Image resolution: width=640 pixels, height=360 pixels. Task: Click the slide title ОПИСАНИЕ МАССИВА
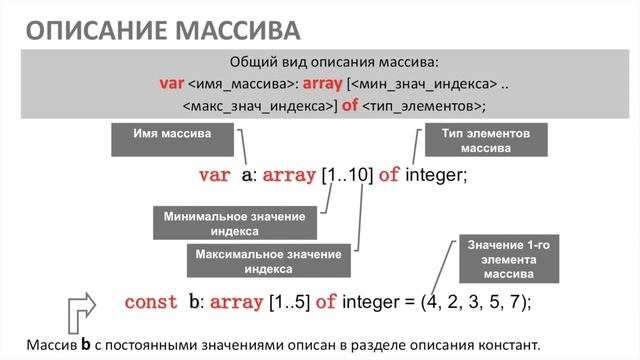pos(162,27)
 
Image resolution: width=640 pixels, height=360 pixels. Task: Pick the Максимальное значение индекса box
pos(269,262)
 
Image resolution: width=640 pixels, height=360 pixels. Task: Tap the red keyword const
pos(150,301)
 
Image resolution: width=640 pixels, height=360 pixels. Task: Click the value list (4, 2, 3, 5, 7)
pos(475,301)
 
